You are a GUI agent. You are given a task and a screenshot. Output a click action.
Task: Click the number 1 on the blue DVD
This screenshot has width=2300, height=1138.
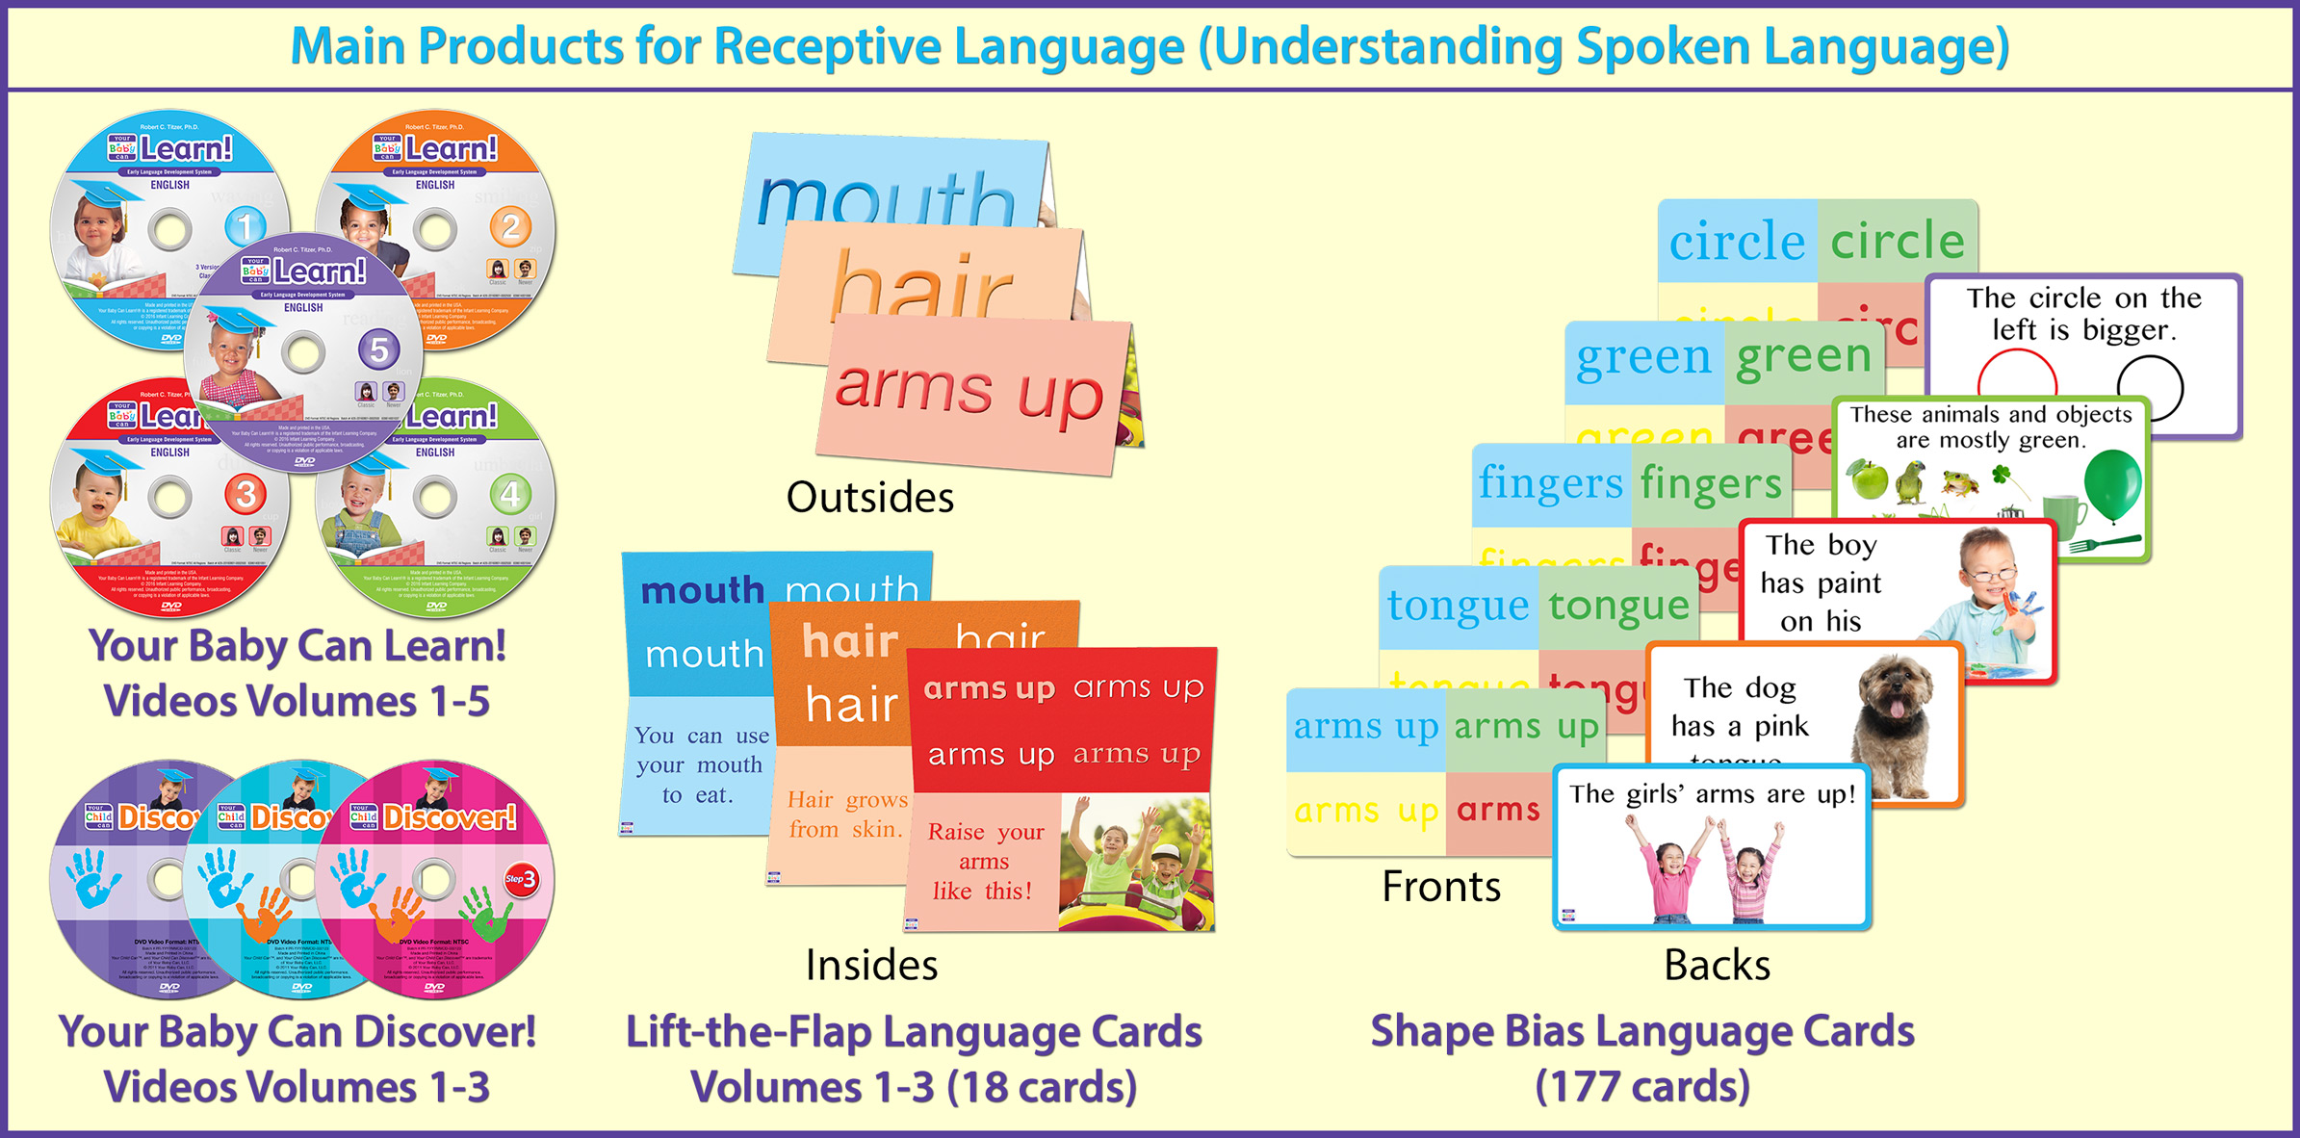point(245,227)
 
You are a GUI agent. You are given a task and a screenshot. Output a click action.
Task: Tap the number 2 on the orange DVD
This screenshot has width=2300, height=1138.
point(510,227)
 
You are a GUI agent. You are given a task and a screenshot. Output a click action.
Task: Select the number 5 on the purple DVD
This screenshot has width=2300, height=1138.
point(378,350)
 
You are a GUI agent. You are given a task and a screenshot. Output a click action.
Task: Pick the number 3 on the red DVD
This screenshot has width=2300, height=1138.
point(245,495)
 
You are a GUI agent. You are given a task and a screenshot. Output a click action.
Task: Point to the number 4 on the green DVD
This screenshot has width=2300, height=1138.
point(510,495)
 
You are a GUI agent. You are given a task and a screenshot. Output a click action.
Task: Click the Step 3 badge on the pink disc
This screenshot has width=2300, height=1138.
point(521,878)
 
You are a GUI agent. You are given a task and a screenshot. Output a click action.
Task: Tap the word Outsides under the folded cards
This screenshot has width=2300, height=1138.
point(870,498)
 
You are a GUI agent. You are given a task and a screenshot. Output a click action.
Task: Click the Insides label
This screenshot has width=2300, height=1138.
point(871,965)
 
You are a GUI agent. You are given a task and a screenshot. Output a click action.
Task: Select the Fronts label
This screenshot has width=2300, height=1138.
point(1441,886)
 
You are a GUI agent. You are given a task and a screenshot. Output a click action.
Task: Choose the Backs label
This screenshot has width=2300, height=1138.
point(1717,965)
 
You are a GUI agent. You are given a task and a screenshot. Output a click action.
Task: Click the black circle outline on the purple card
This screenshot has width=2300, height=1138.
point(2150,385)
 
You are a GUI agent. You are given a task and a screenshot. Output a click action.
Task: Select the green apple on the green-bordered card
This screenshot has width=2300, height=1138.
point(1869,478)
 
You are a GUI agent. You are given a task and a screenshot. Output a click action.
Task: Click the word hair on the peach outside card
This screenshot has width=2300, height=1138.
point(920,286)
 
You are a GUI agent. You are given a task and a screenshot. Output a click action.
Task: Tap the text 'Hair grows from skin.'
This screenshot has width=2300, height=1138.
point(846,815)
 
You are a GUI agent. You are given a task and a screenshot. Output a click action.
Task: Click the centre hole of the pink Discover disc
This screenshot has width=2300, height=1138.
point(434,878)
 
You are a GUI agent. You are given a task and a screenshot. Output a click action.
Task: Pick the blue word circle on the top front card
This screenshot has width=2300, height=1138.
point(1737,241)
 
